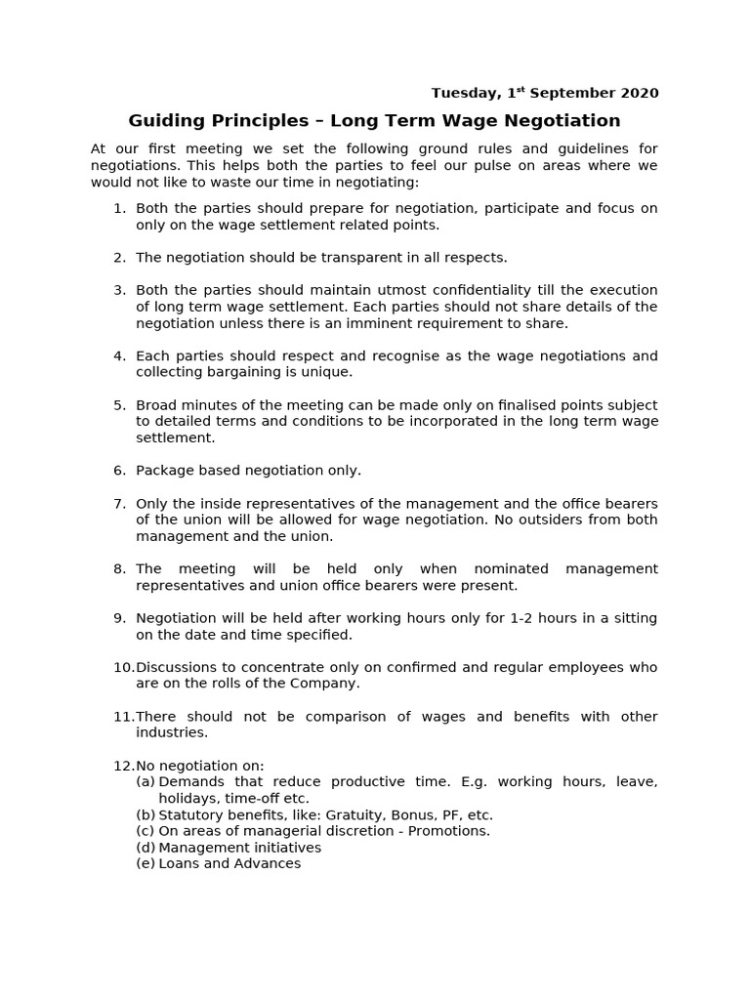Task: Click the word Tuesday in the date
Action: click(463, 94)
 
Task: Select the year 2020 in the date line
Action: click(639, 94)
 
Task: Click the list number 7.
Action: click(119, 504)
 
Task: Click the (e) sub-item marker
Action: click(146, 864)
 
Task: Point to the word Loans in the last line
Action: click(178, 864)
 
